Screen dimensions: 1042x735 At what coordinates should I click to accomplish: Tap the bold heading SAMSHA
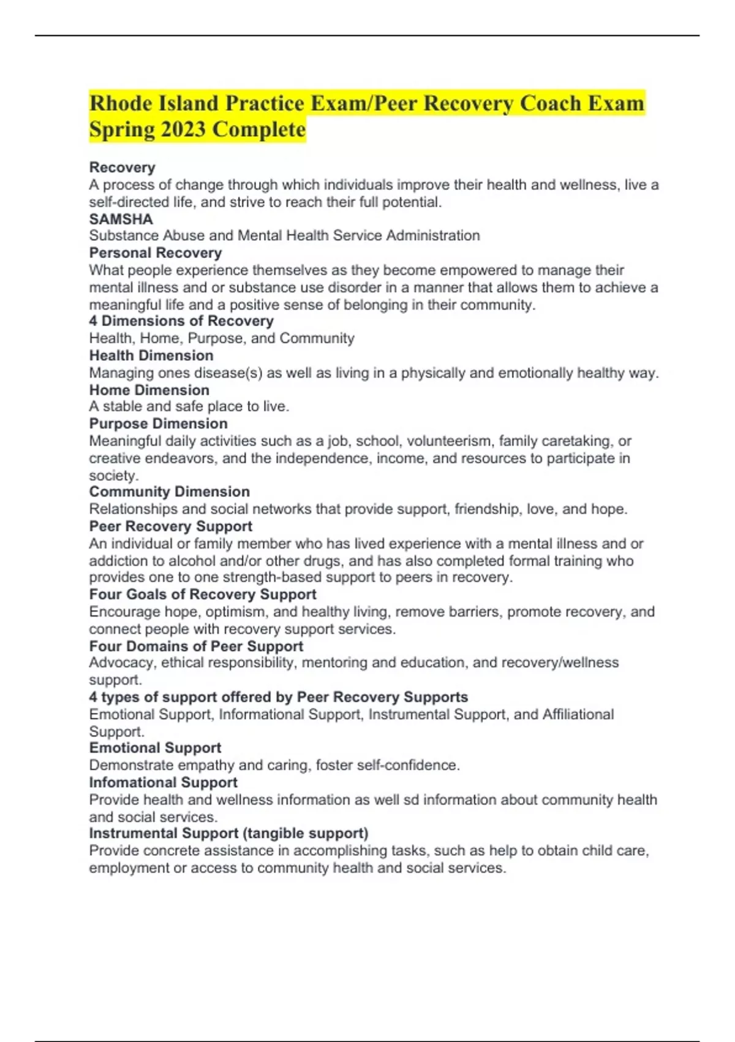pyautogui.click(x=121, y=219)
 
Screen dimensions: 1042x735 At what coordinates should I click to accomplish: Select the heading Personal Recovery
pyautogui.click(x=155, y=253)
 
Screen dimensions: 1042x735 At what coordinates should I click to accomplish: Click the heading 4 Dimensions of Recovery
pyautogui.click(x=181, y=321)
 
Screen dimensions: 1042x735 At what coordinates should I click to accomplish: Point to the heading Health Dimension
pyautogui.click(x=151, y=355)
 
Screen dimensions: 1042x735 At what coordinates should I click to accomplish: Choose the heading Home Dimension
pyautogui.click(x=149, y=390)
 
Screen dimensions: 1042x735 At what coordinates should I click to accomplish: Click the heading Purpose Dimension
pyautogui.click(x=158, y=424)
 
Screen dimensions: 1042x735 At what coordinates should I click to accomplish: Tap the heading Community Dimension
pyautogui.click(x=169, y=492)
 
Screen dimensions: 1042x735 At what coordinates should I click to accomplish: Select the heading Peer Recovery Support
pyautogui.click(x=170, y=526)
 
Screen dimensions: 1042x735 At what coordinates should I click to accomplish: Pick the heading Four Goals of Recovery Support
pyautogui.click(x=203, y=594)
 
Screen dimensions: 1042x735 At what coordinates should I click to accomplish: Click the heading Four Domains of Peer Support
pyautogui.click(x=196, y=646)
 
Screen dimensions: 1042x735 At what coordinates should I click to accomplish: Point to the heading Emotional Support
pyautogui.click(x=155, y=748)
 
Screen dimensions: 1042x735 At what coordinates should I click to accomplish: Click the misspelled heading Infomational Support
pyautogui.click(x=163, y=782)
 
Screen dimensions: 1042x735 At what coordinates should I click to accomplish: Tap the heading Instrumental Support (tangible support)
pyautogui.click(x=228, y=833)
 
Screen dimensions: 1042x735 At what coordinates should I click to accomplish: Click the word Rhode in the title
pyautogui.click(x=121, y=103)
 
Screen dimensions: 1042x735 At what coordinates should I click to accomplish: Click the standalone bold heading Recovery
pyautogui.click(x=122, y=167)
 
